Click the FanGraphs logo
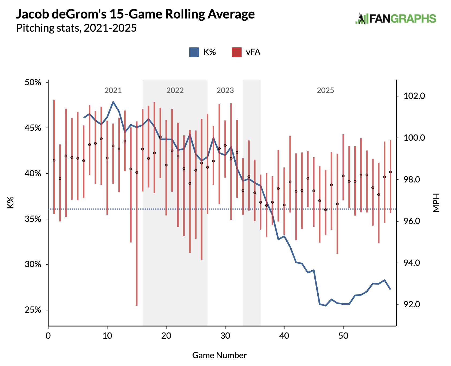click(x=396, y=19)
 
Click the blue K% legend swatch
click(x=194, y=52)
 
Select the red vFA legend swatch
click(x=236, y=52)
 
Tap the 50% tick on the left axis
click(x=33, y=82)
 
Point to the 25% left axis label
click(x=33, y=310)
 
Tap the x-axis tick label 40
click(x=284, y=336)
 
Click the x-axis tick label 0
click(x=48, y=336)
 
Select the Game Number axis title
click(x=219, y=355)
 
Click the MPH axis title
click(x=436, y=203)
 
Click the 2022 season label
click(x=175, y=90)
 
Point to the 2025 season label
click(x=325, y=90)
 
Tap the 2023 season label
click(x=225, y=90)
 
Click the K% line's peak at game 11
click(x=113, y=102)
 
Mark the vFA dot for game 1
click(x=54, y=160)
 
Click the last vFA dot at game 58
click(x=390, y=172)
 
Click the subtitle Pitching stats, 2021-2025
click(x=76, y=28)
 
